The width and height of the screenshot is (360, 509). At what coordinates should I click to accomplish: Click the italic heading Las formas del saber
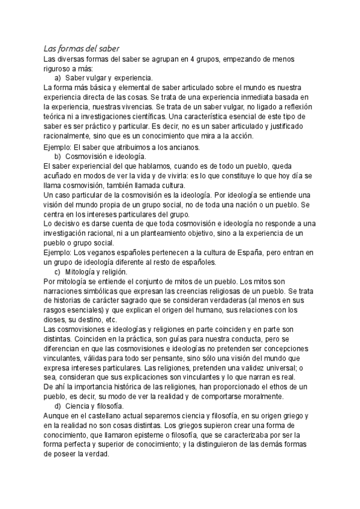pyautogui.click(x=84, y=49)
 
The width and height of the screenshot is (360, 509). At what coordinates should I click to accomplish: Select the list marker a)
pyautogui.click(x=58, y=78)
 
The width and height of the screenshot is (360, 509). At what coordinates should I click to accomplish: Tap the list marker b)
pyautogui.click(x=58, y=156)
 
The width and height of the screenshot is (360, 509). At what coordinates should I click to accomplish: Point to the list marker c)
pyautogui.click(x=58, y=271)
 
